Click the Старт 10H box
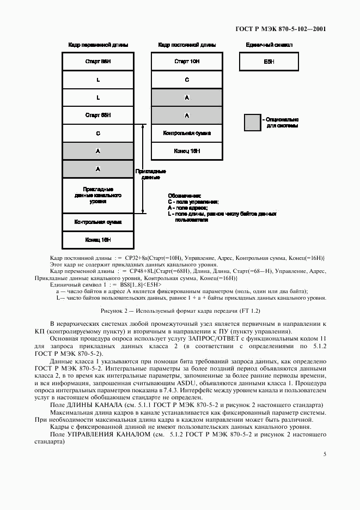(187, 62)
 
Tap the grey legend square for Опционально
(252, 123)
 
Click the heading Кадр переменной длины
(98, 45)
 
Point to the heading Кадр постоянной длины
(187, 45)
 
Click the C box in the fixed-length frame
(187, 80)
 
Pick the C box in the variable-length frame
(98, 133)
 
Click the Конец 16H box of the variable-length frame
(98, 239)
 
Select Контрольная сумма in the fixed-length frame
(187, 133)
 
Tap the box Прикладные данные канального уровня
(98, 195)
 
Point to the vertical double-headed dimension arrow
(143, 168)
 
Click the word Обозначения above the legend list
(184, 196)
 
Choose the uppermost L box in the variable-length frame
(98, 80)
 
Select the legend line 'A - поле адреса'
(188, 208)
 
